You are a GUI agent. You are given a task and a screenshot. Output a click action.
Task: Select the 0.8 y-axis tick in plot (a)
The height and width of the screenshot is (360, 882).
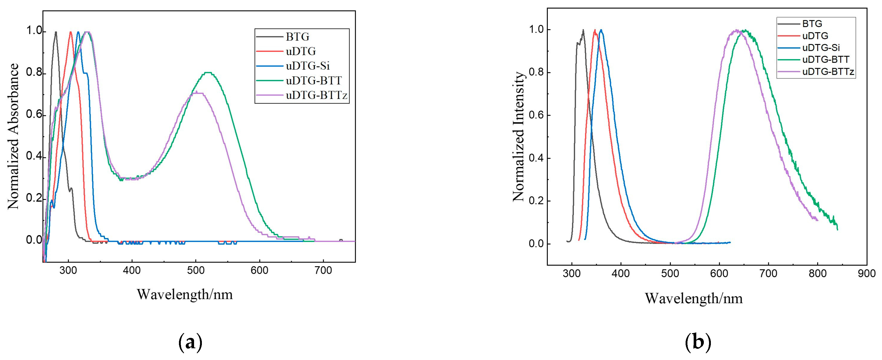click(34, 73)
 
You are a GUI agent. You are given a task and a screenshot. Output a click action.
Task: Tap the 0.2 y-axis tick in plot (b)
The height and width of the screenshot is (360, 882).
click(537, 201)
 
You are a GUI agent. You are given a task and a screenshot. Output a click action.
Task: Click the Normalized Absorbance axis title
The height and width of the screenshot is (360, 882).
click(14, 136)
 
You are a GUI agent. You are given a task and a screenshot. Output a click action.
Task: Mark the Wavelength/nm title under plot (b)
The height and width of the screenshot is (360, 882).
click(694, 298)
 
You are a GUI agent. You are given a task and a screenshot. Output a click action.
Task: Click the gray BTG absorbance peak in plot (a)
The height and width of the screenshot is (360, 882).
click(56, 32)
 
